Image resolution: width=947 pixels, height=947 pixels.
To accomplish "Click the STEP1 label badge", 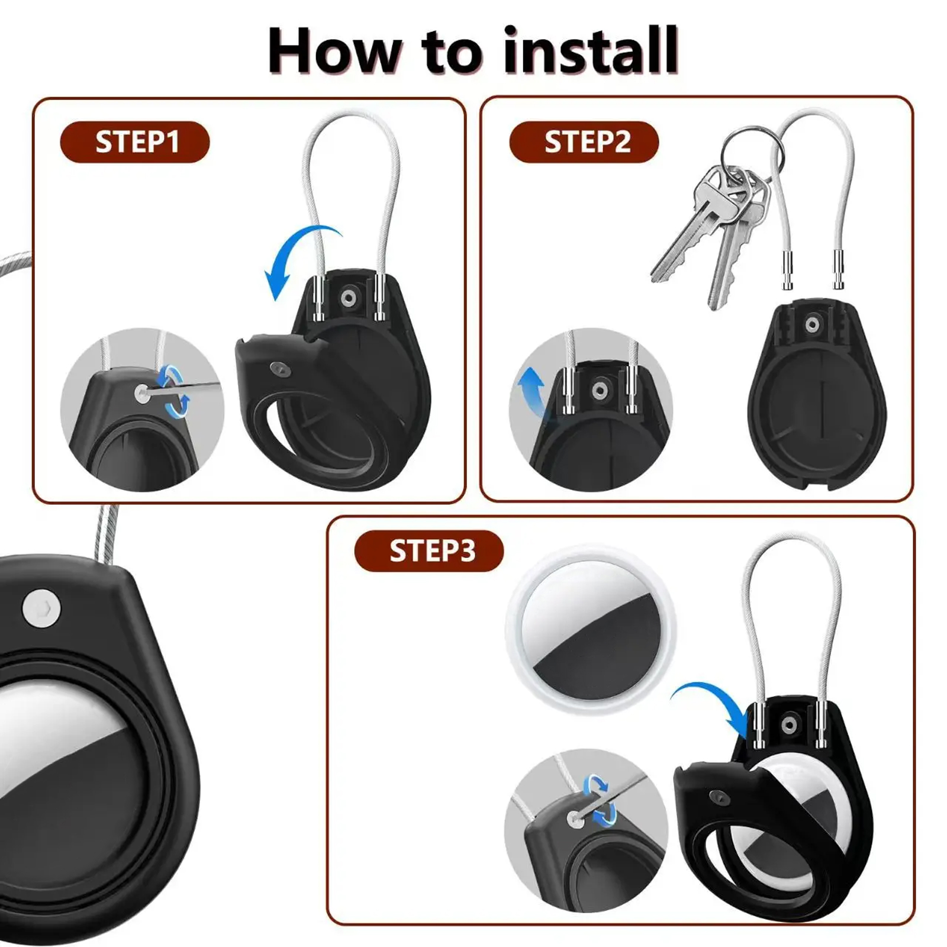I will (x=135, y=142).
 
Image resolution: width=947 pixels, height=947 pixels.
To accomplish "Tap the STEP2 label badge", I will (x=584, y=142).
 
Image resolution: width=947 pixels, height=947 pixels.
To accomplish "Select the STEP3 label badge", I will (x=429, y=551).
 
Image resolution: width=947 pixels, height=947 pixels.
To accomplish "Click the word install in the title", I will (x=590, y=51).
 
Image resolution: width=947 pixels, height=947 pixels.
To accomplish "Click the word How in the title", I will (x=334, y=51).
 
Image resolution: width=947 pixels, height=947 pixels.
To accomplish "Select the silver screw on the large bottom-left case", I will (x=41, y=608).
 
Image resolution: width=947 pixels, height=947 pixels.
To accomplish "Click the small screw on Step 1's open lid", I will (x=277, y=369).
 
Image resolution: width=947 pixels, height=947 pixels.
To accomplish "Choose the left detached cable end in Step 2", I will (x=788, y=270).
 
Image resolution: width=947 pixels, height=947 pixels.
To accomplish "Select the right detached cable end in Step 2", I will (x=839, y=270).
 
